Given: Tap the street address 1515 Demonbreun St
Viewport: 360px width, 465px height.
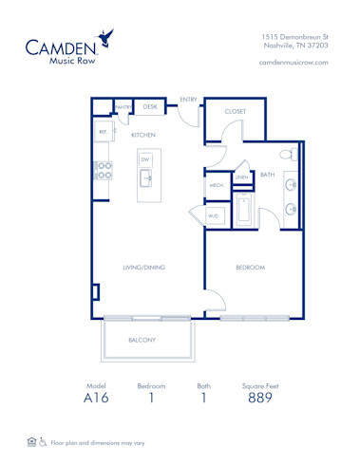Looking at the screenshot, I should (x=294, y=35).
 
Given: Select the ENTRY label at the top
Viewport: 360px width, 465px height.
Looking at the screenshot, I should (x=188, y=99).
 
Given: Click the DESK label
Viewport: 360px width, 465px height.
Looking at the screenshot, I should (x=149, y=107).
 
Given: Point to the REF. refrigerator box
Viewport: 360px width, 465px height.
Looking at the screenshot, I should (x=103, y=132).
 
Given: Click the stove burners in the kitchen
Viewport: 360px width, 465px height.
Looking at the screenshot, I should (x=104, y=170).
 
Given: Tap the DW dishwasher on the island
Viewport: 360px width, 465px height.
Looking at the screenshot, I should (x=146, y=159).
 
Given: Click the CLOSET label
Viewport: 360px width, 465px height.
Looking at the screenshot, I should (x=235, y=111).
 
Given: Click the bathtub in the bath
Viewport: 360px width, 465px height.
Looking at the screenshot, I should (x=244, y=213).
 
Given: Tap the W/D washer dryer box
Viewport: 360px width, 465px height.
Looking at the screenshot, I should (x=214, y=216).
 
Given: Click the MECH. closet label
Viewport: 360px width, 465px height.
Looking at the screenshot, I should (x=215, y=186).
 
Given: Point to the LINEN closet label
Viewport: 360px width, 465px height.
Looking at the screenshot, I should (x=242, y=177).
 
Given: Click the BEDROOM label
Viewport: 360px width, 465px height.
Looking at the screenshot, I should (x=250, y=268).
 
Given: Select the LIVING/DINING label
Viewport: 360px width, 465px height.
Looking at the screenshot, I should (x=143, y=268).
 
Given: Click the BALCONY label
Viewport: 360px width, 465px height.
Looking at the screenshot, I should (x=142, y=339).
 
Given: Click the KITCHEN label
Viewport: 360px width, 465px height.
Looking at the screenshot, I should (x=142, y=136).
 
